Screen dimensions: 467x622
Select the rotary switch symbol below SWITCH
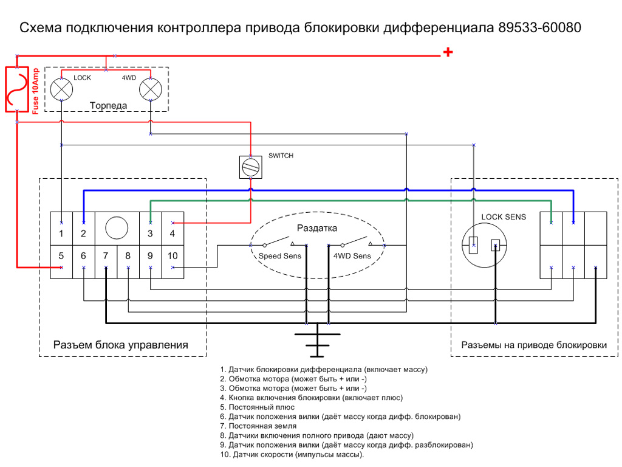[250, 167]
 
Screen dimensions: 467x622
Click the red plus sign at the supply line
[448, 53]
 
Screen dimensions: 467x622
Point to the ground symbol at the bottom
[316, 344]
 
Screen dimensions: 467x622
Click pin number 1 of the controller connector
[61, 233]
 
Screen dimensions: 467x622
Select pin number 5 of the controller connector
[61, 257]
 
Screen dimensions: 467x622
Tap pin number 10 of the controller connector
[173, 257]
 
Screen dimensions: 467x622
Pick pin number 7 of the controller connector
[106, 257]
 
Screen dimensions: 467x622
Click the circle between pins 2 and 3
[117, 228]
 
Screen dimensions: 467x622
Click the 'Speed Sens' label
[280, 256]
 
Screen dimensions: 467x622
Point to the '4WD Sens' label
[352, 256]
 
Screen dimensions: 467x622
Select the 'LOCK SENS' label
[504, 217]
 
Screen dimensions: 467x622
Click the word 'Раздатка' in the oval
[316, 228]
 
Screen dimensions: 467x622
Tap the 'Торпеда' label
[109, 105]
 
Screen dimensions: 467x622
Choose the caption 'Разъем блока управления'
[120, 345]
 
